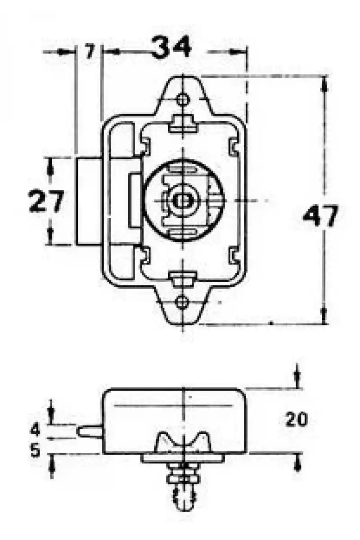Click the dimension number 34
[x=171, y=47]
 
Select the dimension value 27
[x=46, y=201]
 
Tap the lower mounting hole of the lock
[x=182, y=302]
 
